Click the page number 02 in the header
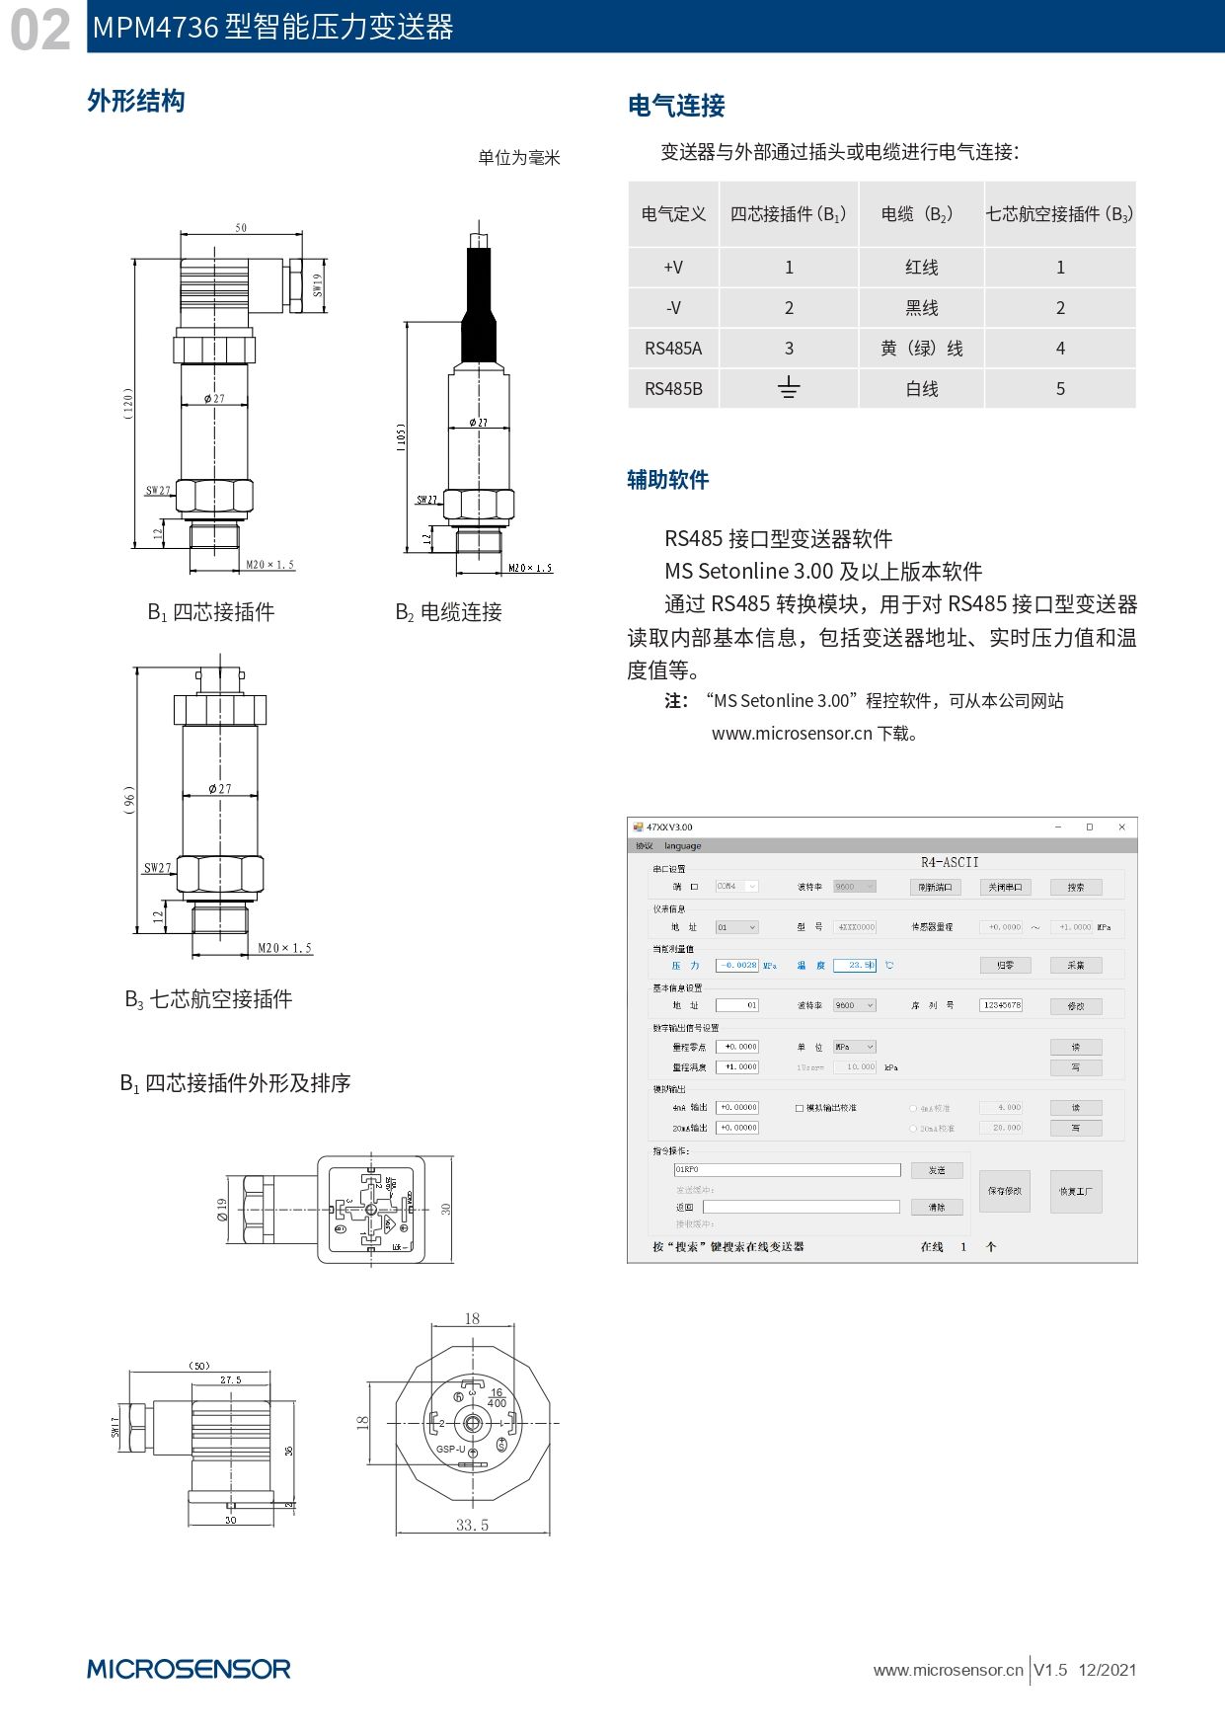[40, 29]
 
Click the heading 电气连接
[676, 106]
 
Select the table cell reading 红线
[921, 268]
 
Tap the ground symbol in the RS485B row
[788, 388]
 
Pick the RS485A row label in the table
[673, 349]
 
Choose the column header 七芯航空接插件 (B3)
[1059, 214]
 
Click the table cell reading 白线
[921, 389]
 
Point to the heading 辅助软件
[668, 480]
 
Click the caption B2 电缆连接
[449, 612]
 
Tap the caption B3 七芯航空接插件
[208, 999]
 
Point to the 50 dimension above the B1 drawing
[241, 228]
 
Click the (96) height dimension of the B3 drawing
[129, 799]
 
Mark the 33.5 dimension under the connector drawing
[472, 1526]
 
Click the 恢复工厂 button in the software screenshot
[1075, 1192]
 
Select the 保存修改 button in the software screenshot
[1004, 1192]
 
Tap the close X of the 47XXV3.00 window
[1121, 827]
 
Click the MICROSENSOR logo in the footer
[189, 1669]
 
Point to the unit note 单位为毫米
[519, 158]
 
